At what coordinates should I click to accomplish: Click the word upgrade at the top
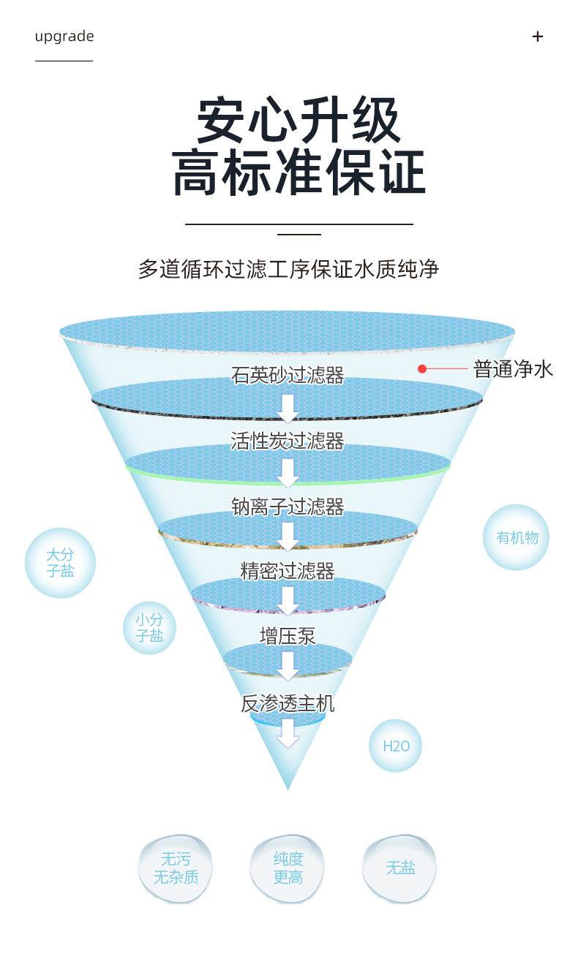[64, 37]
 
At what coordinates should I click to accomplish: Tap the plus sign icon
[537, 37]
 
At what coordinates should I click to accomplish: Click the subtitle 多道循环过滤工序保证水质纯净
[288, 269]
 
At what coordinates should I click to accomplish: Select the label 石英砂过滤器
[288, 375]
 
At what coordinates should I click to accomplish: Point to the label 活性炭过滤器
[288, 441]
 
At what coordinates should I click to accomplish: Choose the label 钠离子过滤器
[288, 507]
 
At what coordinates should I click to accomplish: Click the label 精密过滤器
[288, 571]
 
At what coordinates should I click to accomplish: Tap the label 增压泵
[288, 636]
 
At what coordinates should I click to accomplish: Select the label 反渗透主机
[288, 703]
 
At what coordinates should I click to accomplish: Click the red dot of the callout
[422, 368]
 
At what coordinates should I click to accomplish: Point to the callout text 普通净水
[513, 369]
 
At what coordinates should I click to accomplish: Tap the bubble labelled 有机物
[517, 537]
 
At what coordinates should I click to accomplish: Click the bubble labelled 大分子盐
[60, 563]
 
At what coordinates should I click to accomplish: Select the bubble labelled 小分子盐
[149, 628]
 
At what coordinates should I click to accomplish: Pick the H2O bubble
[395, 746]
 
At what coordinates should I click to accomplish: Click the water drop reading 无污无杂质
[176, 868]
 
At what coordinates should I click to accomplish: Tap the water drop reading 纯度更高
[288, 868]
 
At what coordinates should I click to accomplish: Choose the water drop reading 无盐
[400, 868]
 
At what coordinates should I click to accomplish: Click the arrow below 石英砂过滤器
[288, 408]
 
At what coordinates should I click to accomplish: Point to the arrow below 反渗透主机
[288, 733]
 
